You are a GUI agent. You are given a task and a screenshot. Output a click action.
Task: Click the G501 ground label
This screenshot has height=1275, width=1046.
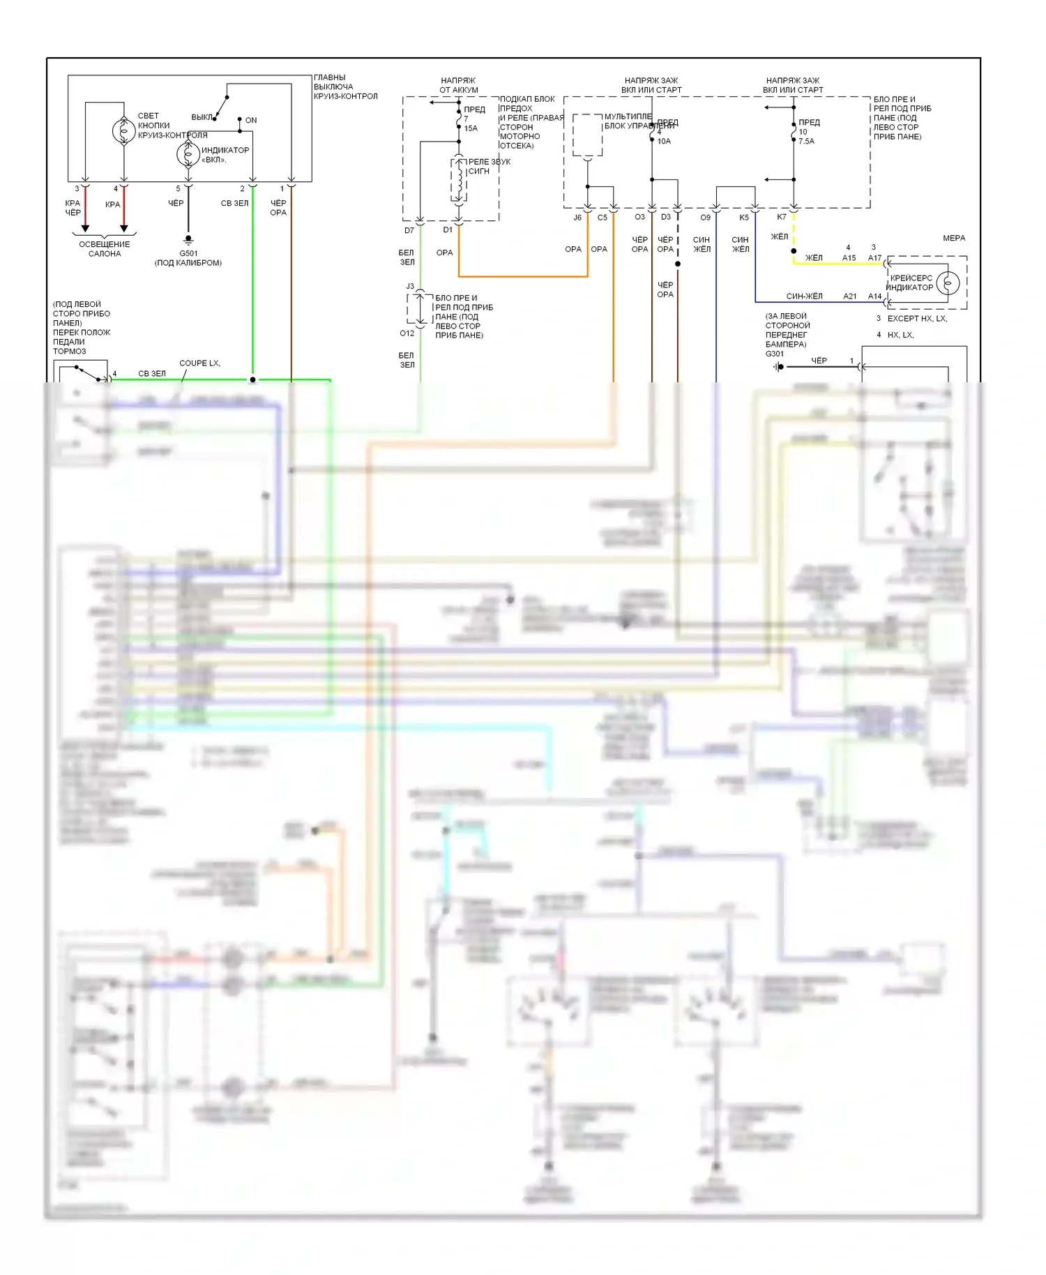pyautogui.click(x=188, y=254)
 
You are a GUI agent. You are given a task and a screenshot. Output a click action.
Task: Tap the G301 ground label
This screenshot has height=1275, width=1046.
pyautogui.click(x=775, y=354)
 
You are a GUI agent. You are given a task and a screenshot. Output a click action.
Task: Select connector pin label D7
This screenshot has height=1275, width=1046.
pyautogui.click(x=409, y=231)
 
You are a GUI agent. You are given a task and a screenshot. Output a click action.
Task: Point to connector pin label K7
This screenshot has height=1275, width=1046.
pyautogui.click(x=782, y=217)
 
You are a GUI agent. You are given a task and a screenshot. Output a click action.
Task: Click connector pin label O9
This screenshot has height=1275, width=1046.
pyautogui.click(x=705, y=218)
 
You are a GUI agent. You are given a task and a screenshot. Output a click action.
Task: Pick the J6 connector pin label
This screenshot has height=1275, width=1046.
pyautogui.click(x=577, y=218)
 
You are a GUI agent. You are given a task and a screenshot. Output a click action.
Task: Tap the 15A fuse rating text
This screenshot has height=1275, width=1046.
pyautogui.click(x=471, y=128)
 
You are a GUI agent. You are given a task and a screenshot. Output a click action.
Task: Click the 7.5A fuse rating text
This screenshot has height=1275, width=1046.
pyautogui.click(x=806, y=141)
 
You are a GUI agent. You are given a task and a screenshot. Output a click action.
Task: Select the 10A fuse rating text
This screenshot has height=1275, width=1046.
pyautogui.click(x=664, y=141)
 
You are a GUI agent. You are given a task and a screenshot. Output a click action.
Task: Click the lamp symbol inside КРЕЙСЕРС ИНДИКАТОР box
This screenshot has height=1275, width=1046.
pyautogui.click(x=948, y=283)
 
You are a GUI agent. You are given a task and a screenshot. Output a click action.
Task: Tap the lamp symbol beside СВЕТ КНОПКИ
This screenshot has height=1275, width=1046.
pyautogui.click(x=124, y=130)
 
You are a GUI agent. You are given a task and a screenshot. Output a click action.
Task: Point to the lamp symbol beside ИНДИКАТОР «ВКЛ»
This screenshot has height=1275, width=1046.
pyautogui.click(x=188, y=154)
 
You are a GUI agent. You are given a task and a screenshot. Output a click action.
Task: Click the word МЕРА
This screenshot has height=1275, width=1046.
pyautogui.click(x=954, y=239)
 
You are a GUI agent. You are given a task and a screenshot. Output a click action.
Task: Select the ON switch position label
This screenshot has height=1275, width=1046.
pyautogui.click(x=251, y=121)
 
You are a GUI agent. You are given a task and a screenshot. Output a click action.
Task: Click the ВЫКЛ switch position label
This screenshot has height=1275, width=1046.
pyautogui.click(x=202, y=117)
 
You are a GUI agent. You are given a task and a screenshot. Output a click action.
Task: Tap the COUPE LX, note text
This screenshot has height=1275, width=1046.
pyautogui.click(x=199, y=363)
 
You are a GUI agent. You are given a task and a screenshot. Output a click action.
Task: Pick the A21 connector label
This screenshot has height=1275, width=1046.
pyautogui.click(x=849, y=296)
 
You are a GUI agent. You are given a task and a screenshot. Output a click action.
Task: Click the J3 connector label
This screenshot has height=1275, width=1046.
pyautogui.click(x=410, y=286)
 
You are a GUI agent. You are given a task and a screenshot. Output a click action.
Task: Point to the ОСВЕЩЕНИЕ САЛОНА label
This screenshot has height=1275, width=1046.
pyautogui.click(x=105, y=249)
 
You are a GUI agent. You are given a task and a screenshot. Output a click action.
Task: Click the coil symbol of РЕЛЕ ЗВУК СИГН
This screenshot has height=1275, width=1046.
pyautogui.click(x=459, y=181)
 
